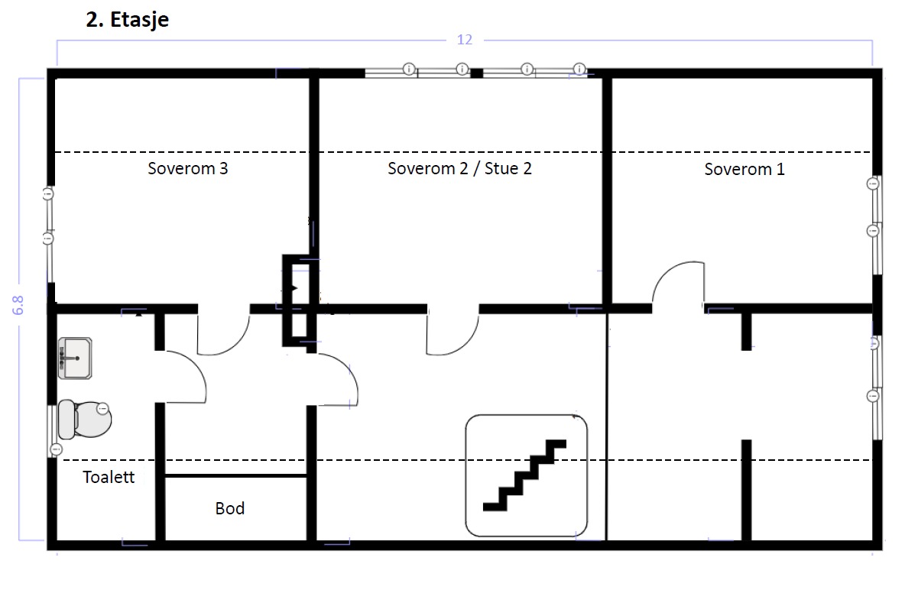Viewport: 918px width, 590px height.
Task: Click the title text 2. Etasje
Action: [127, 20]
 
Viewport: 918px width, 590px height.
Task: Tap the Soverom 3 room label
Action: [187, 169]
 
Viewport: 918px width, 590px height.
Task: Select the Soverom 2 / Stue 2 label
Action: [459, 169]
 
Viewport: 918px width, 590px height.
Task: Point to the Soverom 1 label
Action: [744, 170]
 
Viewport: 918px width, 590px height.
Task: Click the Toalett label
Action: [109, 478]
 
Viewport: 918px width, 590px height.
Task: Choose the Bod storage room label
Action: [229, 508]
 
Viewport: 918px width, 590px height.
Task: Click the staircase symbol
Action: [526, 475]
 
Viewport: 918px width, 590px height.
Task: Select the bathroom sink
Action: [75, 358]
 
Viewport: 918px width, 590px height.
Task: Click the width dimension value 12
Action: [465, 40]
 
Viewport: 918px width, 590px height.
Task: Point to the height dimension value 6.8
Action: [19, 306]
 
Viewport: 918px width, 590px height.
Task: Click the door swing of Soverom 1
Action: [677, 285]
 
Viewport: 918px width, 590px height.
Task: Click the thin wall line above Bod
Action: [236, 475]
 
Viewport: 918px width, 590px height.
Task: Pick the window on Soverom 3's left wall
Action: [49, 216]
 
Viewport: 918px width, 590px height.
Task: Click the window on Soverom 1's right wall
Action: [877, 207]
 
